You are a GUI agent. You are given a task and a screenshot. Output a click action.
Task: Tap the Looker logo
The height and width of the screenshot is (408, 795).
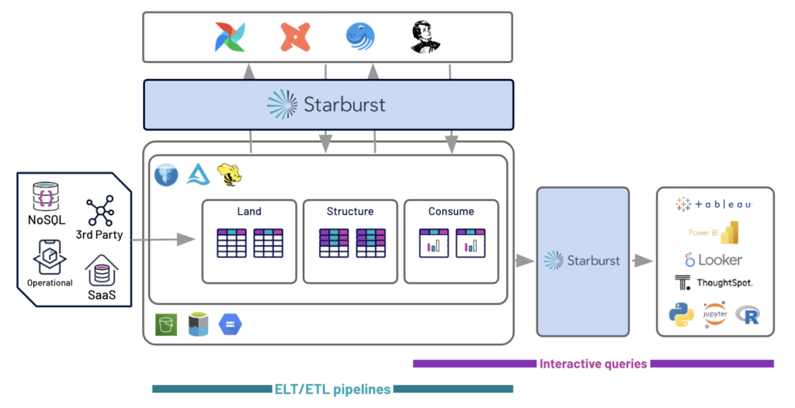coord(713,260)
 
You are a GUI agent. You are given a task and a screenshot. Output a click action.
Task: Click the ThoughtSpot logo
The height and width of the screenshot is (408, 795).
coord(713,283)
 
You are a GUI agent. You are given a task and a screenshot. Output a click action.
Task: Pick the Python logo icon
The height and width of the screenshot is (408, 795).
coord(681,314)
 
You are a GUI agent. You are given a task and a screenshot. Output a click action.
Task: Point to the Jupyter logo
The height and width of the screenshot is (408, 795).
coord(715,314)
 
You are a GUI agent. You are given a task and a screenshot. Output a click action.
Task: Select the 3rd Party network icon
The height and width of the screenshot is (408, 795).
coord(100,211)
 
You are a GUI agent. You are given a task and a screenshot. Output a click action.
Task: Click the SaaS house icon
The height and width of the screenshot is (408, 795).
coord(100,273)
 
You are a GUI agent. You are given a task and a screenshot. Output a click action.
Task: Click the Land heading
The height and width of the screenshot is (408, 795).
coord(249,211)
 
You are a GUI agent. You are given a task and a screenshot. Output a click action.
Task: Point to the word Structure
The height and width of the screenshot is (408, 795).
coord(349,211)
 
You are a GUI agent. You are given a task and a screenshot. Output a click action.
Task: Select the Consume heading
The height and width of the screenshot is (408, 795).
coord(451,211)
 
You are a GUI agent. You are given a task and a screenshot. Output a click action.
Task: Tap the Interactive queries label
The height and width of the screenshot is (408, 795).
coord(592,364)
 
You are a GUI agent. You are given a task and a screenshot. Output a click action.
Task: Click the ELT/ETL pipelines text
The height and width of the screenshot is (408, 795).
coord(332,389)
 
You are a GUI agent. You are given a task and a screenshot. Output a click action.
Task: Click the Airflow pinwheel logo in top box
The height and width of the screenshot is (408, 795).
coord(230,37)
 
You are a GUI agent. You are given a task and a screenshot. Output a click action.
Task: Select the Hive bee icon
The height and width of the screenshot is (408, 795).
coord(229,175)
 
